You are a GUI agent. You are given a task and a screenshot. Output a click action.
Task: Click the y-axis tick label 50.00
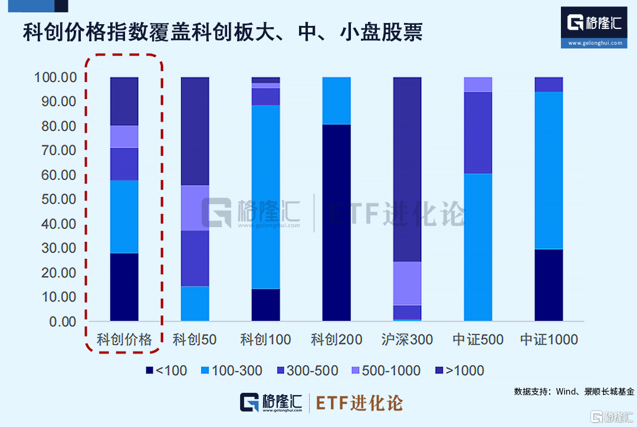click(58, 199)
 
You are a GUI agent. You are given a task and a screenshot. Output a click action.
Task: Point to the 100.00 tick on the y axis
click(55, 77)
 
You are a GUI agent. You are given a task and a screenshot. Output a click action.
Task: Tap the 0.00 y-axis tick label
click(63, 321)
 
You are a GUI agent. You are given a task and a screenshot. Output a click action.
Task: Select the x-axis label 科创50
click(195, 339)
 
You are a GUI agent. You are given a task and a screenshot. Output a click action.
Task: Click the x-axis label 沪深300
click(407, 339)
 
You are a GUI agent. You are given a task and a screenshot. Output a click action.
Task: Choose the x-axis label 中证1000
click(549, 339)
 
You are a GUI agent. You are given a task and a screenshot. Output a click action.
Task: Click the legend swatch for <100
click(149, 370)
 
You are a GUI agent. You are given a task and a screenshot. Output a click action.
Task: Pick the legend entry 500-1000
click(386, 370)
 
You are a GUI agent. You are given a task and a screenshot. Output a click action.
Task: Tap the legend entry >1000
click(459, 370)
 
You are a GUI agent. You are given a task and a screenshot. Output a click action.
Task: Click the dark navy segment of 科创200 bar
click(336, 222)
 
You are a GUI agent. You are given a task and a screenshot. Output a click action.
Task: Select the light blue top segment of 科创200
click(336, 101)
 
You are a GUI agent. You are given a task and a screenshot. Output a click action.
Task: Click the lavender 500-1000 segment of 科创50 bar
click(195, 208)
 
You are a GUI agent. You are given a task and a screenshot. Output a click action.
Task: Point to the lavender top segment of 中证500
click(478, 84)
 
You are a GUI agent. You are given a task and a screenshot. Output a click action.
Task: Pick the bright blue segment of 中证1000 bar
click(549, 170)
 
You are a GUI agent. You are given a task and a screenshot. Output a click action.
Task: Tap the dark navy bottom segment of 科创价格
click(124, 287)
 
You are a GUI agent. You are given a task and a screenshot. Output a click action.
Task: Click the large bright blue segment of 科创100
click(265, 197)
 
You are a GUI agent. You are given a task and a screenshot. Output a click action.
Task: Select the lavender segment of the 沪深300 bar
click(407, 283)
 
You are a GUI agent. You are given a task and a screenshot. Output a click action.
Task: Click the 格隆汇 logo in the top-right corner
click(594, 27)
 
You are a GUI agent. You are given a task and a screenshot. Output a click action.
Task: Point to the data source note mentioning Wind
click(574, 392)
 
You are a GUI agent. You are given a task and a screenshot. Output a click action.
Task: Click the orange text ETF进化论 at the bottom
click(359, 403)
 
